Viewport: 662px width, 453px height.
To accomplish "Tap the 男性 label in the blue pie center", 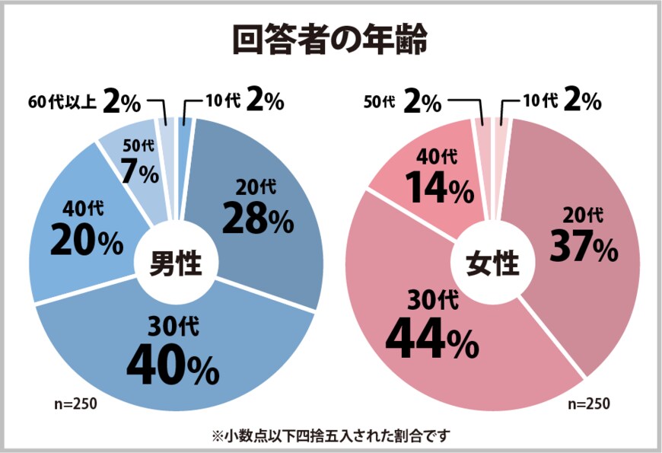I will (x=175, y=264).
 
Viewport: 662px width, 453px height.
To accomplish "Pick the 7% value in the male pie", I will (x=142, y=174).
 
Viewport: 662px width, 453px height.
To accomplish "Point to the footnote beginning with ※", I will (x=331, y=436).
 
